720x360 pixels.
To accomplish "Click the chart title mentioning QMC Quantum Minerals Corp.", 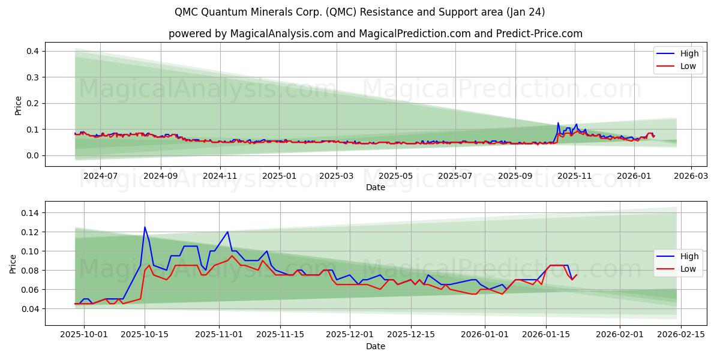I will click(360, 12).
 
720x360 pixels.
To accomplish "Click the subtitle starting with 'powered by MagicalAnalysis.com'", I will click(375, 34).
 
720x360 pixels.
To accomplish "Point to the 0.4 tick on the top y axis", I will click(32, 52).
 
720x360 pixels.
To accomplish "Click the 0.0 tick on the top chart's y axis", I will click(32, 155).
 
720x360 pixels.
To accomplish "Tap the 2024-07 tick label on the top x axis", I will click(100, 176).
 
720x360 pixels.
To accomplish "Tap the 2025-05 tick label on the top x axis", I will click(396, 176).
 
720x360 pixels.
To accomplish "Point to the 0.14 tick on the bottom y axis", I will click(30, 213).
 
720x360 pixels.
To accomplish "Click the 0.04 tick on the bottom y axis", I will click(30, 309).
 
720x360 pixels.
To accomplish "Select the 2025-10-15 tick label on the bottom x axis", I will click(145, 335).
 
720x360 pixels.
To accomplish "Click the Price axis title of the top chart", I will click(18, 105).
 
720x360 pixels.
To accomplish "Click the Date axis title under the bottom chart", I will click(375, 346).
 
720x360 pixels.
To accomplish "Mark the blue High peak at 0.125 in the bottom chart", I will click(145, 227).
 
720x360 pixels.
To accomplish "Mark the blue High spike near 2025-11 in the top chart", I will click(558, 123).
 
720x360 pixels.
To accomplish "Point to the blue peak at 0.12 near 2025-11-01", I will click(227, 232).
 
